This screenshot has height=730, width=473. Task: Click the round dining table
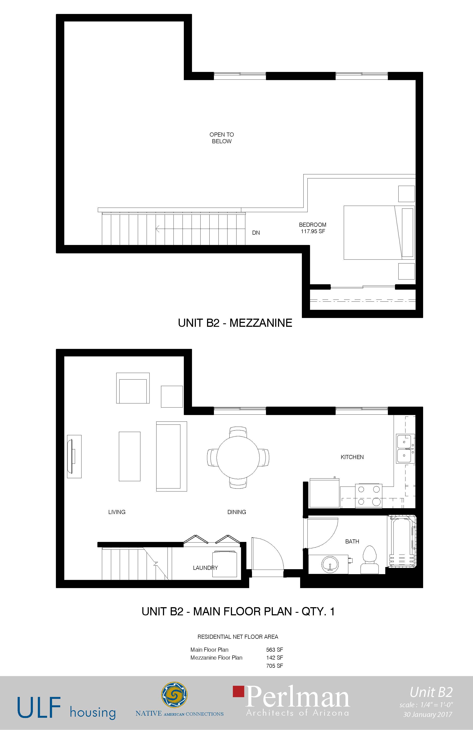pyautogui.click(x=238, y=457)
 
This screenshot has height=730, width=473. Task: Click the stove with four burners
pyautogui.click(x=369, y=496)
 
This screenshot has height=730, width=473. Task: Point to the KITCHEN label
pyautogui.click(x=352, y=457)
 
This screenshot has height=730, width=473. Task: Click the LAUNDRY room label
pyautogui.click(x=205, y=568)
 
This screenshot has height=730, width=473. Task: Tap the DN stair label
pyautogui.click(x=256, y=233)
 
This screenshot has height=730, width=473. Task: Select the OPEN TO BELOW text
pyautogui.click(x=221, y=138)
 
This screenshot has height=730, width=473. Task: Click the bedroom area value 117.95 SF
pyautogui.click(x=313, y=231)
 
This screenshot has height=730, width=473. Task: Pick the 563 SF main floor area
pyautogui.click(x=275, y=650)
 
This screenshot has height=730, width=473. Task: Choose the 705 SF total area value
pyautogui.click(x=275, y=666)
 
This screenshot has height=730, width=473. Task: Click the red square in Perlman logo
pyautogui.click(x=239, y=691)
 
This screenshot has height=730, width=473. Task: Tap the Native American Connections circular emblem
pyautogui.click(x=174, y=695)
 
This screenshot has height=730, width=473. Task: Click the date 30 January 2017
pyautogui.click(x=428, y=714)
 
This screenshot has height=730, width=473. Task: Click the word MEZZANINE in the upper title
pyautogui.click(x=261, y=323)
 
